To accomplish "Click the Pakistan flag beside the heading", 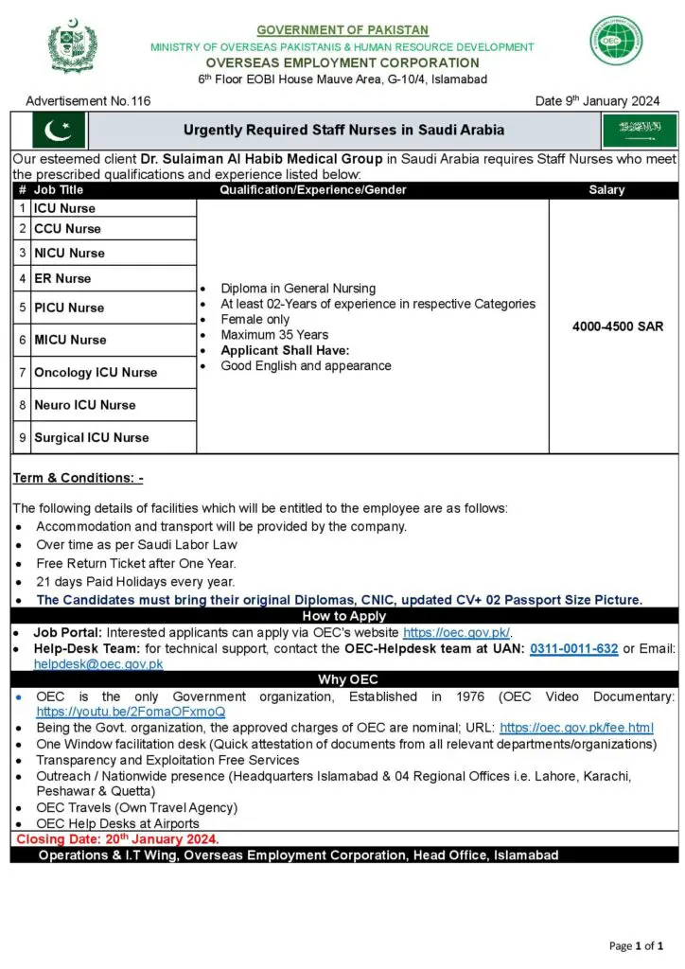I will tap(59, 130).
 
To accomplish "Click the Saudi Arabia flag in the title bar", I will tap(640, 130).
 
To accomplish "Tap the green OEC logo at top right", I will tap(617, 41).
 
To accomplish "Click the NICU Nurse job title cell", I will tap(69, 253).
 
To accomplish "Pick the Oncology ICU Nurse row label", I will tap(96, 373).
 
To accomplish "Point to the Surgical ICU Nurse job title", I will tap(92, 438).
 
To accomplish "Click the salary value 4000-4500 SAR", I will tap(618, 326).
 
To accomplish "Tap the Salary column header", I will tap(606, 190).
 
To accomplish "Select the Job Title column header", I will tap(59, 190).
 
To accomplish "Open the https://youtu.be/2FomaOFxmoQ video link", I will tap(132, 712).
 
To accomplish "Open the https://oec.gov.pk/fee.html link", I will tap(576, 728).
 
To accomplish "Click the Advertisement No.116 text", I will tap(88, 101).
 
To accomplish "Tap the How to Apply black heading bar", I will tap(342, 616).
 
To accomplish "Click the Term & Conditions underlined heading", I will tap(78, 479).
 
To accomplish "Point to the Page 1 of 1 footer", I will tap(637, 945).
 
